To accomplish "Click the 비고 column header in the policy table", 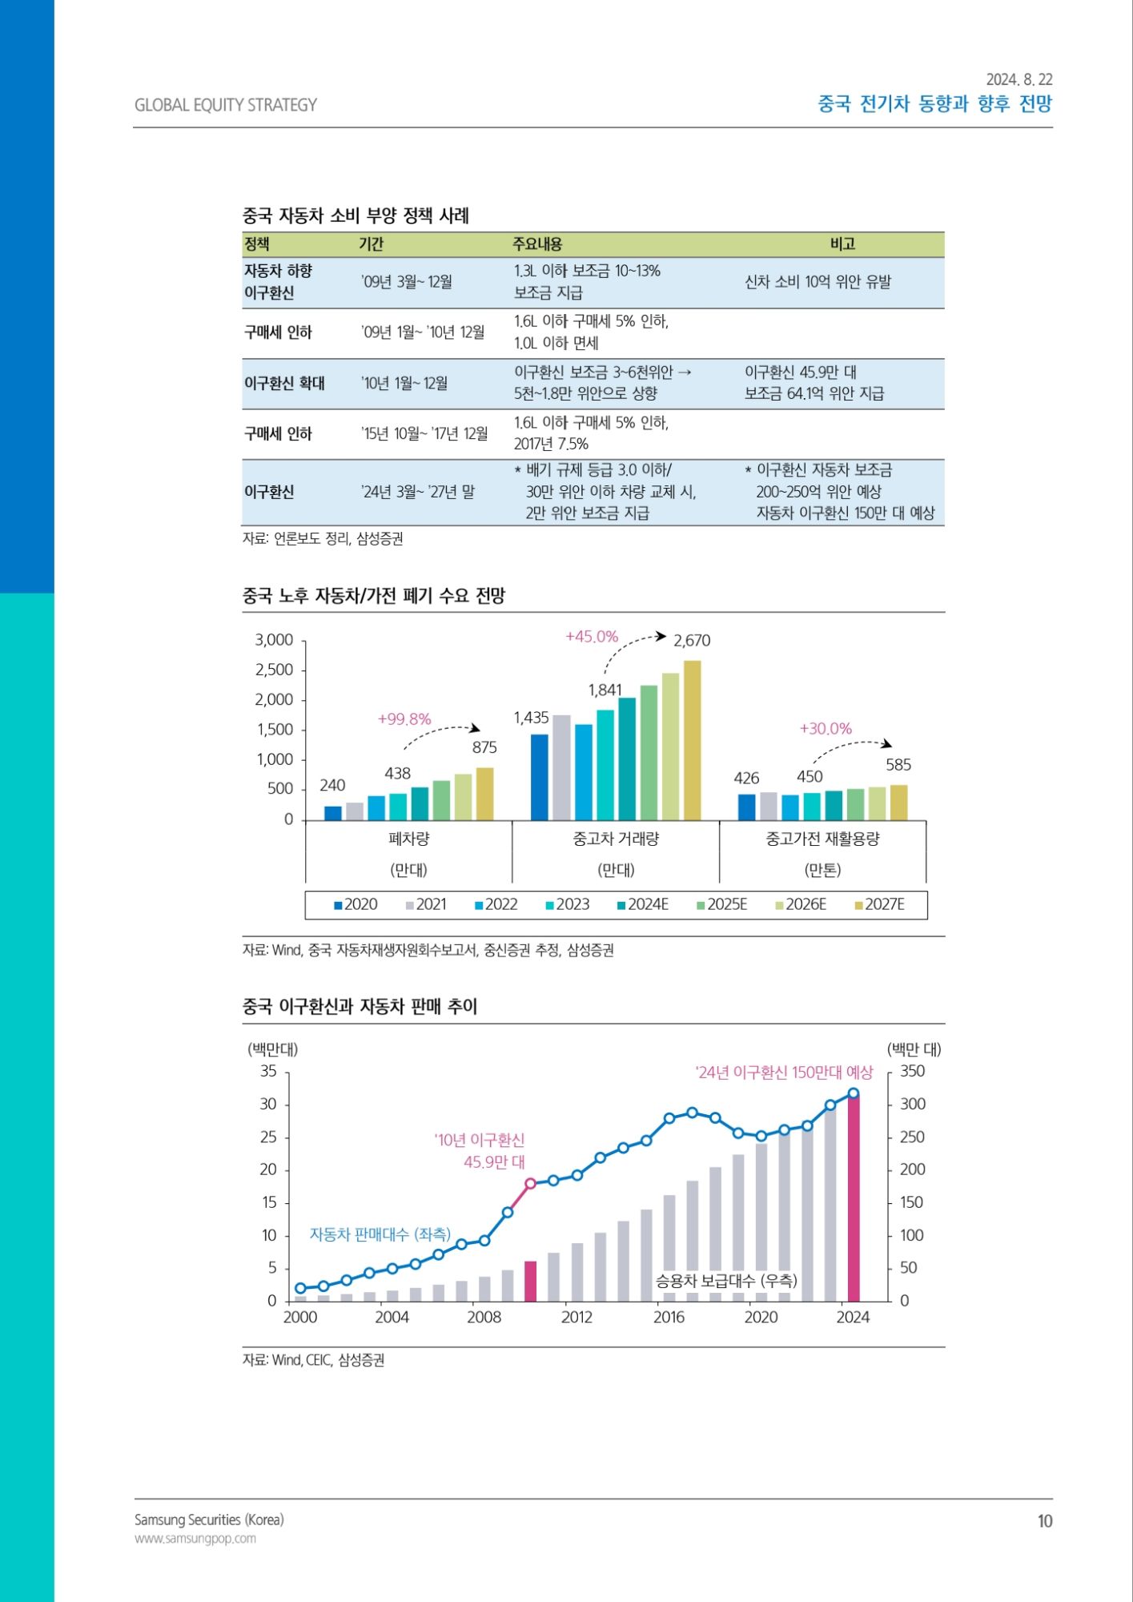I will [x=842, y=244].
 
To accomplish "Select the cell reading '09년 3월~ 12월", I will [x=407, y=282].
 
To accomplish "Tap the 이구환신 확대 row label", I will [x=284, y=384].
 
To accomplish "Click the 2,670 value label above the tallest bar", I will [x=692, y=641].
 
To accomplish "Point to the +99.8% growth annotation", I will [x=404, y=719].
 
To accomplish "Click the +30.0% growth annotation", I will [x=826, y=729].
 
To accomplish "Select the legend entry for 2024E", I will [x=643, y=904].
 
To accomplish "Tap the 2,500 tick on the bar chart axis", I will [x=275, y=670].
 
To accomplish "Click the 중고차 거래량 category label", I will [x=616, y=839].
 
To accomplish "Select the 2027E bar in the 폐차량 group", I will [x=484, y=794].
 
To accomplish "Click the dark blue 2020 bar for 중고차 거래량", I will [x=540, y=777].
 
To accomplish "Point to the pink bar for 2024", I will [x=854, y=1198].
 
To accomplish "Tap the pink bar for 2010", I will [x=530, y=1281].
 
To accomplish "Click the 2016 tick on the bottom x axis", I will [x=669, y=1318].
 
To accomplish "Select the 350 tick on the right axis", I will [x=912, y=1072].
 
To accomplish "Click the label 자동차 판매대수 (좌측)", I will [x=380, y=1234].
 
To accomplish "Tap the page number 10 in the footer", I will [x=1044, y=1521].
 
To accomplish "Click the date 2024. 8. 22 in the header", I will [x=1019, y=79].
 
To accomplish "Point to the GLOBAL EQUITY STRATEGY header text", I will [x=226, y=105].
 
